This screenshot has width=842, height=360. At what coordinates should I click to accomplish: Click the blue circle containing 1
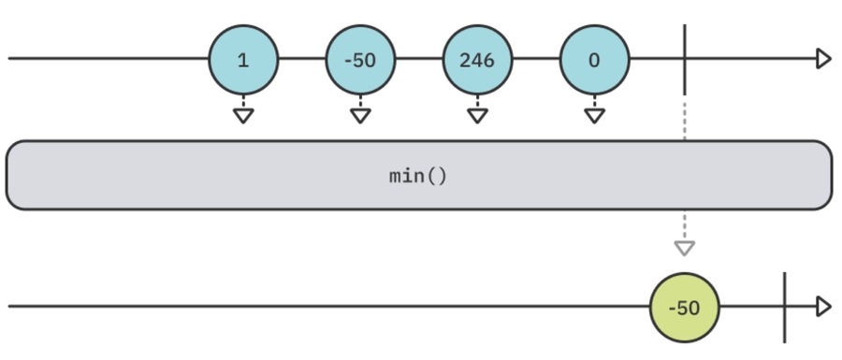[x=243, y=61]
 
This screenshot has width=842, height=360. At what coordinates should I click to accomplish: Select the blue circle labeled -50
[x=360, y=61]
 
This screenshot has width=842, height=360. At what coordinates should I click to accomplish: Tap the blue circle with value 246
[x=477, y=61]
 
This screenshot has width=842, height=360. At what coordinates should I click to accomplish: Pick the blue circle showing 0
[x=594, y=61]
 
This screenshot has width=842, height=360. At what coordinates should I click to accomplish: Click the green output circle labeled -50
[x=685, y=308]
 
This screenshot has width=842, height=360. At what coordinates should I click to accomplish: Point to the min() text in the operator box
[x=418, y=175]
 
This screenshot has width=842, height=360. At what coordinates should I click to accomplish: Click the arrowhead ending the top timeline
[x=823, y=60]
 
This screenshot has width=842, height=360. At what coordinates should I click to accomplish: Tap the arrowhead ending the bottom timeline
[x=823, y=307]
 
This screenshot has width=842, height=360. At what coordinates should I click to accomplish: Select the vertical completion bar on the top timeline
[x=685, y=60]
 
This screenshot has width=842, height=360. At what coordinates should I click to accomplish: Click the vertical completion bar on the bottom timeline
[x=784, y=307]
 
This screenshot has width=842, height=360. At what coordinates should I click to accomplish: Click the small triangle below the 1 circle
[x=243, y=116]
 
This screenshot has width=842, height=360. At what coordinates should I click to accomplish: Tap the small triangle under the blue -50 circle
[x=360, y=116]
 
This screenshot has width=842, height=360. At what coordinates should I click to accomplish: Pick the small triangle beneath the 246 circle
[x=477, y=116]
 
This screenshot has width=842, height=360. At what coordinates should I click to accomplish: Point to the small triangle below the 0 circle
[x=594, y=116]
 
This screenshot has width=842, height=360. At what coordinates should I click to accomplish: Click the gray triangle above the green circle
[x=685, y=248]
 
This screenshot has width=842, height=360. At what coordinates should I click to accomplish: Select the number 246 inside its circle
[x=477, y=61]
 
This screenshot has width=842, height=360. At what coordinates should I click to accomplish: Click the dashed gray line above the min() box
[x=685, y=117]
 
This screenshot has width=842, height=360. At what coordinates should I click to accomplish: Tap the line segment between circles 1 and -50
[x=301, y=60]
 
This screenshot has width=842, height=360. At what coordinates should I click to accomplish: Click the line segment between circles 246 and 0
[x=535, y=60]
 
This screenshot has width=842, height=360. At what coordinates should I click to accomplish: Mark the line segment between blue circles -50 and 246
[x=418, y=60]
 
